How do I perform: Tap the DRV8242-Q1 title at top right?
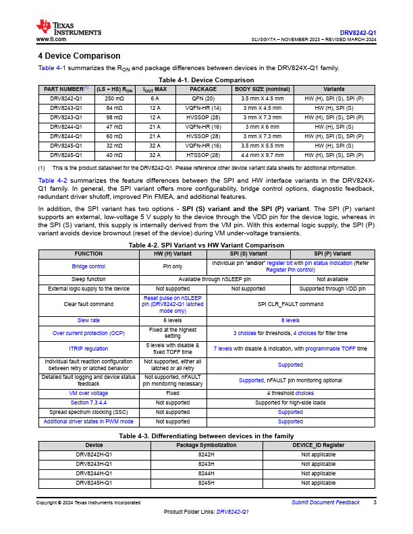point(358,32)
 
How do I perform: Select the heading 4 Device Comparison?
point(79,56)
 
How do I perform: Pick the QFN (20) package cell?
point(203,98)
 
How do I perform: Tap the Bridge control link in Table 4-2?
point(88,266)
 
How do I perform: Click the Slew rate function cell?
point(88,320)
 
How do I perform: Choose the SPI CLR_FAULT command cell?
point(290,305)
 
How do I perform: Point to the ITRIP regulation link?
point(88,349)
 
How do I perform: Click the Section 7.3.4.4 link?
point(88,402)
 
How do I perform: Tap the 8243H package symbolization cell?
point(206,464)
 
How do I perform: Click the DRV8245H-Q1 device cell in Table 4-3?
point(94,483)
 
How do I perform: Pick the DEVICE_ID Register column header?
point(319,445)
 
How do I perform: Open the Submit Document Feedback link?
point(325,503)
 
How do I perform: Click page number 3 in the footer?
point(375,503)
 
